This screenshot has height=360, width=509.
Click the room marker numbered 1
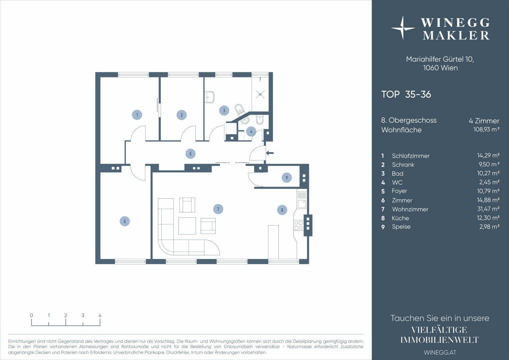137,115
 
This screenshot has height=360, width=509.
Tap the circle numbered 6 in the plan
125,221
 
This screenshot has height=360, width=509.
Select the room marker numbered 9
287,177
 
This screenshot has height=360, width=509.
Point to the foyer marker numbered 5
190,154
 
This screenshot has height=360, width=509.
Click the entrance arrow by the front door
270,153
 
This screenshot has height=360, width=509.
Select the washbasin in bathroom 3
210,97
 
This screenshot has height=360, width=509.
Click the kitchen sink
302,204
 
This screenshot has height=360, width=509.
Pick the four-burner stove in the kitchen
299,225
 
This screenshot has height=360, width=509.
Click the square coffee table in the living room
187,226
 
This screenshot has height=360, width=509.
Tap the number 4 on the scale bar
100,315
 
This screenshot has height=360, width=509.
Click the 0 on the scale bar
31,315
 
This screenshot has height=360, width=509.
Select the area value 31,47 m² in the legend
488,209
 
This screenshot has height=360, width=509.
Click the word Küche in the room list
400,218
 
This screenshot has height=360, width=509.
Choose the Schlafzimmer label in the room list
411,156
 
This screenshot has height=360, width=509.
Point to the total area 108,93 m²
487,129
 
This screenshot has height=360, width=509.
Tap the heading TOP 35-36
406,94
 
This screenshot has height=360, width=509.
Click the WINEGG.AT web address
440,353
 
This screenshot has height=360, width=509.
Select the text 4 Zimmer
484,121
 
